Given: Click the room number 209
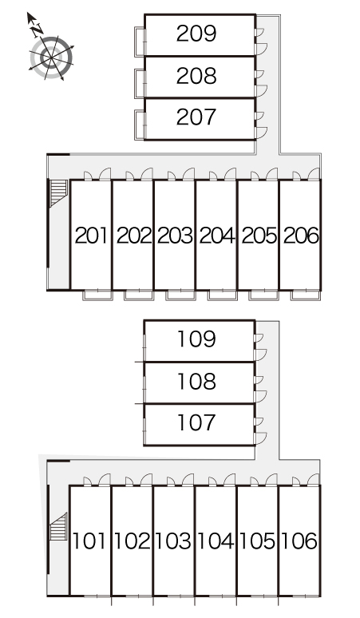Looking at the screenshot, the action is click(x=196, y=34).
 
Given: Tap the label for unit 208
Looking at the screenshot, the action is click(x=196, y=76).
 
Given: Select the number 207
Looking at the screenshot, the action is click(x=196, y=117).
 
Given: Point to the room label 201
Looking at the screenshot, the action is click(x=91, y=236).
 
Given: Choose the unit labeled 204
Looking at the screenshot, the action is click(x=217, y=236).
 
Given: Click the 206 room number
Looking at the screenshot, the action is click(x=301, y=236).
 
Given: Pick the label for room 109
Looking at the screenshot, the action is click(x=196, y=339).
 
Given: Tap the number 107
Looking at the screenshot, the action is click(x=196, y=422).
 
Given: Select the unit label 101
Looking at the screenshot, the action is click(x=89, y=541).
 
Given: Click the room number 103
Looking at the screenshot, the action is click(x=173, y=541).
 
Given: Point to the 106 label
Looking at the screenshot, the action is click(x=299, y=541).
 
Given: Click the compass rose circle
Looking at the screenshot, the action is click(x=52, y=58).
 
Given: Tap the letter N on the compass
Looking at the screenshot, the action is click(x=38, y=30).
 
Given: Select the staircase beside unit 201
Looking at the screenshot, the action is click(x=59, y=192).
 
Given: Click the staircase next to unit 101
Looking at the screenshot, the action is click(x=59, y=526).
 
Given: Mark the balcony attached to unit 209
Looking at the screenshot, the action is click(x=140, y=42).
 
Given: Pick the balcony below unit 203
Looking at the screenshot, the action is click(x=175, y=295).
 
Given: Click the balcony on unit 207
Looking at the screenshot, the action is click(x=140, y=125).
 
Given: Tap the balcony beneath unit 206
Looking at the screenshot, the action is click(x=303, y=295).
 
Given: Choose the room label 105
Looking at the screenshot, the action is click(x=257, y=541).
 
